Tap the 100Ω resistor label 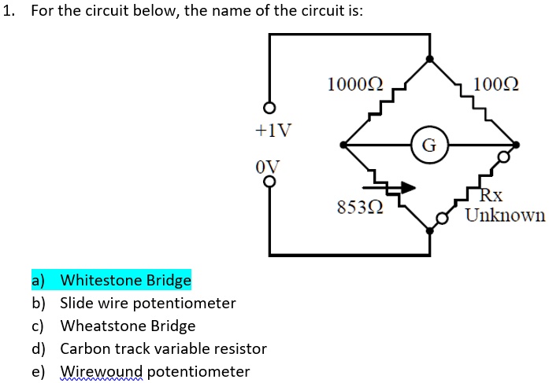[x=493, y=83]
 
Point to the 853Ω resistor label [x=360, y=208]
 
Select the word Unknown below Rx [x=505, y=215]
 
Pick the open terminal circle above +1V [x=270, y=108]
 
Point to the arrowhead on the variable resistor [x=407, y=187]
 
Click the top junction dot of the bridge [x=429, y=58]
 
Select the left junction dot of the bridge [x=343, y=145]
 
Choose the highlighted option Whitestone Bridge [x=125, y=280]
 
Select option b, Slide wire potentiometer [x=147, y=303]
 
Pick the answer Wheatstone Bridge [x=128, y=326]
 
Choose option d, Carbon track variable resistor [x=163, y=348]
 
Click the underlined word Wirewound [x=102, y=371]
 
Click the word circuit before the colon [x=334, y=14]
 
